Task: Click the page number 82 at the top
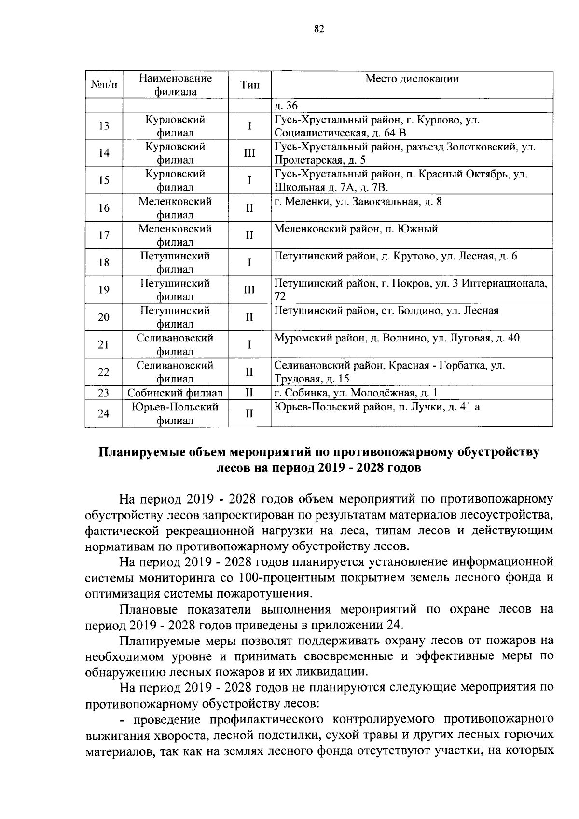click(318, 29)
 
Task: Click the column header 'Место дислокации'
click(412, 79)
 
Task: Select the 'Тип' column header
click(249, 85)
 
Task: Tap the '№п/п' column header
click(104, 85)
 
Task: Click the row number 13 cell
click(104, 126)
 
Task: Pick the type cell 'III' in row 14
click(249, 153)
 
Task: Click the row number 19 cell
click(104, 289)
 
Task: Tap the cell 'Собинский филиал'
click(175, 393)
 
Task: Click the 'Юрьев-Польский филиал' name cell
click(175, 413)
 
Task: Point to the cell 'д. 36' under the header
click(286, 106)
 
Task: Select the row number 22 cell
click(104, 372)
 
